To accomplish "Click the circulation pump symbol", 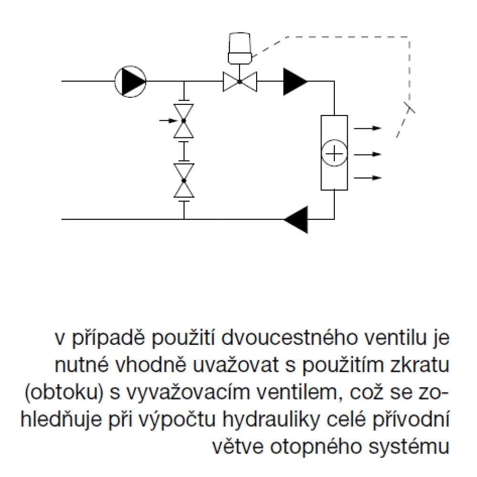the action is pyautogui.click(x=130, y=82).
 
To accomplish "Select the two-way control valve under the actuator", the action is pyautogui.click(x=240, y=82).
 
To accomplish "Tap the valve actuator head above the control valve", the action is pyautogui.click(x=240, y=48).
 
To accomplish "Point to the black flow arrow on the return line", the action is pyautogui.click(x=296, y=219).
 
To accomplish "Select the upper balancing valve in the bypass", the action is pyautogui.click(x=184, y=121).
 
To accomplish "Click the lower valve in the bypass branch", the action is pyautogui.click(x=184, y=180).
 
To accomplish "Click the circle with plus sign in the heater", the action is pyautogui.click(x=334, y=153).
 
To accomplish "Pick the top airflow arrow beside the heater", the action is pyautogui.click(x=368, y=128).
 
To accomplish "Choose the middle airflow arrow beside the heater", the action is pyautogui.click(x=368, y=154).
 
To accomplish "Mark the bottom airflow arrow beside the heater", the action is pyautogui.click(x=368, y=177).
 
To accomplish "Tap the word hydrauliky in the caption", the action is pyautogui.click(x=271, y=419).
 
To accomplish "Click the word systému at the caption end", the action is pyautogui.click(x=409, y=446).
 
